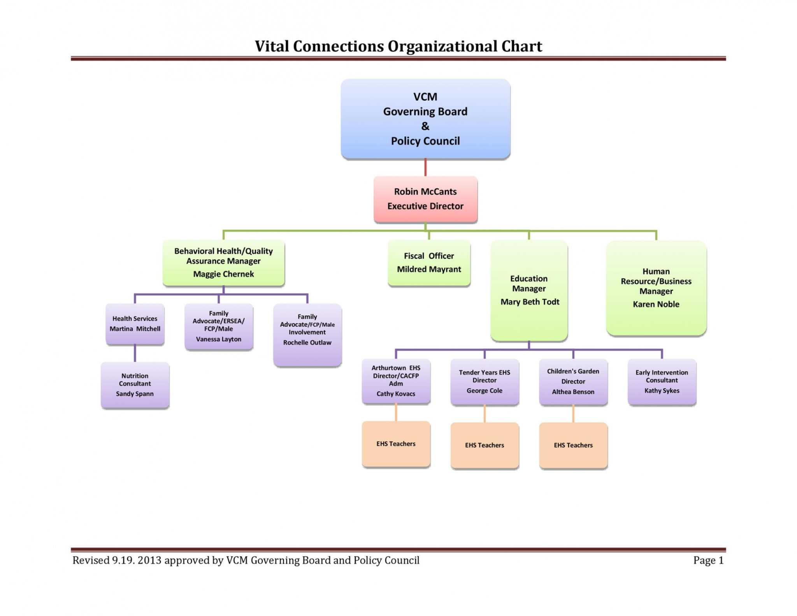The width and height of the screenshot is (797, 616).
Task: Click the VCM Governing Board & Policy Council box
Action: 425,119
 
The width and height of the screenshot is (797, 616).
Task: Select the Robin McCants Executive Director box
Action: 425,199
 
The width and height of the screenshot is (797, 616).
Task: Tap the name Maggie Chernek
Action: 223,274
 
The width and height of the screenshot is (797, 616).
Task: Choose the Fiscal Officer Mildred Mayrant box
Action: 429,263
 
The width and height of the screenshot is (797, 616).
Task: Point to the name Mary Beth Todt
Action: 530,302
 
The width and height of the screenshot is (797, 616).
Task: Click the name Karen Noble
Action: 656,304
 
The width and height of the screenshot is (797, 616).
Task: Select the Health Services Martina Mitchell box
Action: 135,324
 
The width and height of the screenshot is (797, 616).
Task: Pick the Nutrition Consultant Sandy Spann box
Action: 135,384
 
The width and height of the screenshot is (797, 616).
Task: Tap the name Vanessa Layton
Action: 218,339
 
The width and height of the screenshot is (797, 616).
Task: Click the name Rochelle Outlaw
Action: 307,342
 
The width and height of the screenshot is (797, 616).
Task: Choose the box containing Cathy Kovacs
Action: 396,381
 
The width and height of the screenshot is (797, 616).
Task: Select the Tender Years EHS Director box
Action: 484,381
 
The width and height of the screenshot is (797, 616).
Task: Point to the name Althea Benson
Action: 573,392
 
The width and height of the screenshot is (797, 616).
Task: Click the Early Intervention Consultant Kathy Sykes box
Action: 662,381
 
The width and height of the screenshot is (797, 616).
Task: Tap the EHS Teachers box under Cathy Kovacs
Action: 396,444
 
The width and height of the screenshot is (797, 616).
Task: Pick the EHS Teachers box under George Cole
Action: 484,445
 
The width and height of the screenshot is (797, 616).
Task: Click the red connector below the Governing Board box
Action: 425,167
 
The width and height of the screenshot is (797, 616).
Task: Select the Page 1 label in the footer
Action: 708,560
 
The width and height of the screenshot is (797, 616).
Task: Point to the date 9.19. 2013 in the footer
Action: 136,560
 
